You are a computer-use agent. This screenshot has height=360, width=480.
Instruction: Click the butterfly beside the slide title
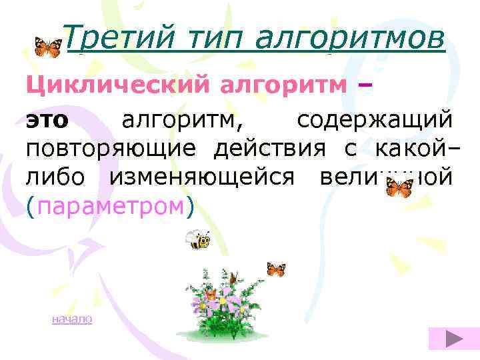pyautogui.click(x=47, y=47)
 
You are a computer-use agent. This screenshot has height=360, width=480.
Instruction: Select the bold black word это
pyautogui.click(x=47, y=121)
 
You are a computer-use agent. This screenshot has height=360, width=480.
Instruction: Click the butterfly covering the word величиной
pyautogui.click(x=399, y=187)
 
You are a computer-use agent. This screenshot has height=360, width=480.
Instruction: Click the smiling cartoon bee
pyautogui.click(x=197, y=239)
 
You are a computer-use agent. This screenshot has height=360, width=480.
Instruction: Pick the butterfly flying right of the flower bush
pyautogui.click(x=275, y=269)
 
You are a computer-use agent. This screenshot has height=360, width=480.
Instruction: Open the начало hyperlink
pyautogui.click(x=72, y=319)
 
